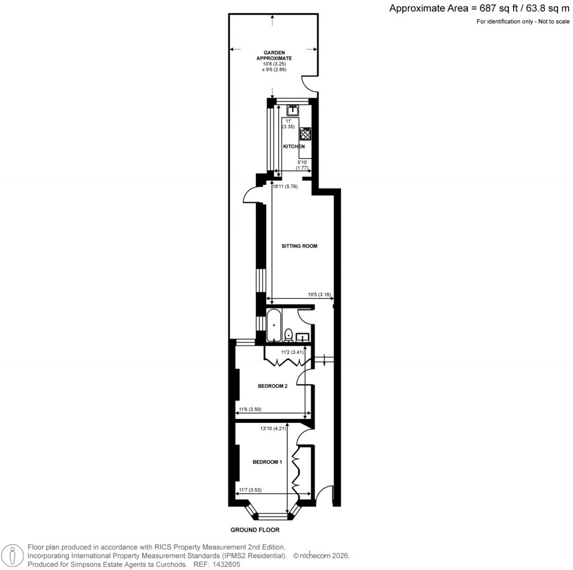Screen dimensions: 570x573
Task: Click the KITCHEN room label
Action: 294,147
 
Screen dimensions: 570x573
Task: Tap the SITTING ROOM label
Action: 299,246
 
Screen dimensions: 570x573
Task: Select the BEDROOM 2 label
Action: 273,386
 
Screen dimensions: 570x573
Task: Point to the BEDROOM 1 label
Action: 267,462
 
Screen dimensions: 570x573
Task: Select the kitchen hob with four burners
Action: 306,134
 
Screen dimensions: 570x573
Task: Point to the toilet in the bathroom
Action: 289,335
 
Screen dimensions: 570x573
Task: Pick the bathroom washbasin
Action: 303,337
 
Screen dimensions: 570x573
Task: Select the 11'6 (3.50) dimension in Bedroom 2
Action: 250,409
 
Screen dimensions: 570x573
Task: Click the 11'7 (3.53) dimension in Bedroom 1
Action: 250,490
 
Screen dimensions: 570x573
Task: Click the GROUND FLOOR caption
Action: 255,530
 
